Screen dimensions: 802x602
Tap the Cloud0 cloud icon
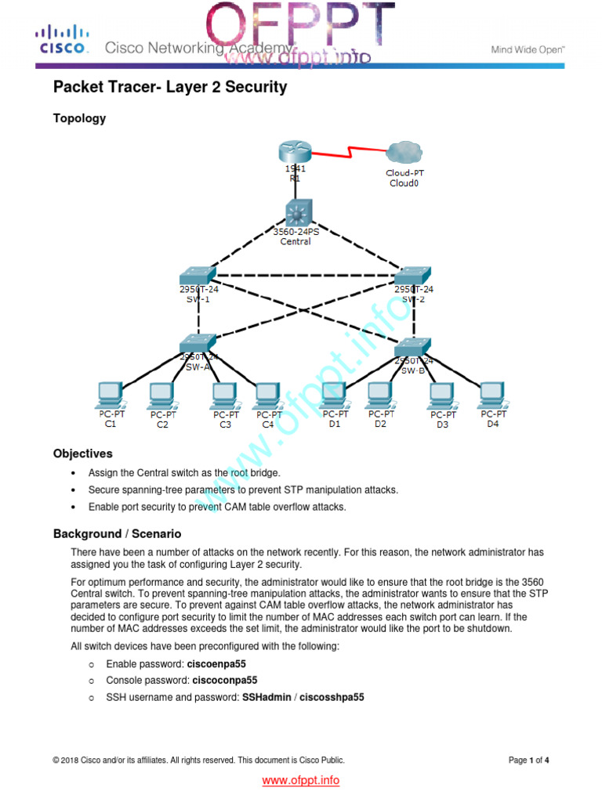pyautogui.click(x=404, y=154)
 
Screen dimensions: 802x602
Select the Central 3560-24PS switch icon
pyautogui.click(x=298, y=212)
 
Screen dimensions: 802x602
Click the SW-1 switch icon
pyautogui.click(x=197, y=275)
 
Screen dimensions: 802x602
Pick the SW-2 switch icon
pyautogui.click(x=412, y=275)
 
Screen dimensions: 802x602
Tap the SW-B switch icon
pyautogui.click(x=412, y=346)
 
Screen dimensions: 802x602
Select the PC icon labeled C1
pyautogui.click(x=110, y=394)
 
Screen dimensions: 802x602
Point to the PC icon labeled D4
pyautogui.click(x=492, y=394)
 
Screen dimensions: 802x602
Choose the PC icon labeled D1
pyautogui.click(x=335, y=394)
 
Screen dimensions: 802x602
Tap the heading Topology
pyautogui.click(x=79, y=119)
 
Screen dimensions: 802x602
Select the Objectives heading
pyautogui.click(x=82, y=453)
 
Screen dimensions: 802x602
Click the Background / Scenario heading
pyautogui.click(x=117, y=533)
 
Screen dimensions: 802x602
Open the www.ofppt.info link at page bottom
pyautogui.click(x=300, y=780)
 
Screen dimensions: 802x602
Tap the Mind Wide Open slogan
pyautogui.click(x=528, y=49)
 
